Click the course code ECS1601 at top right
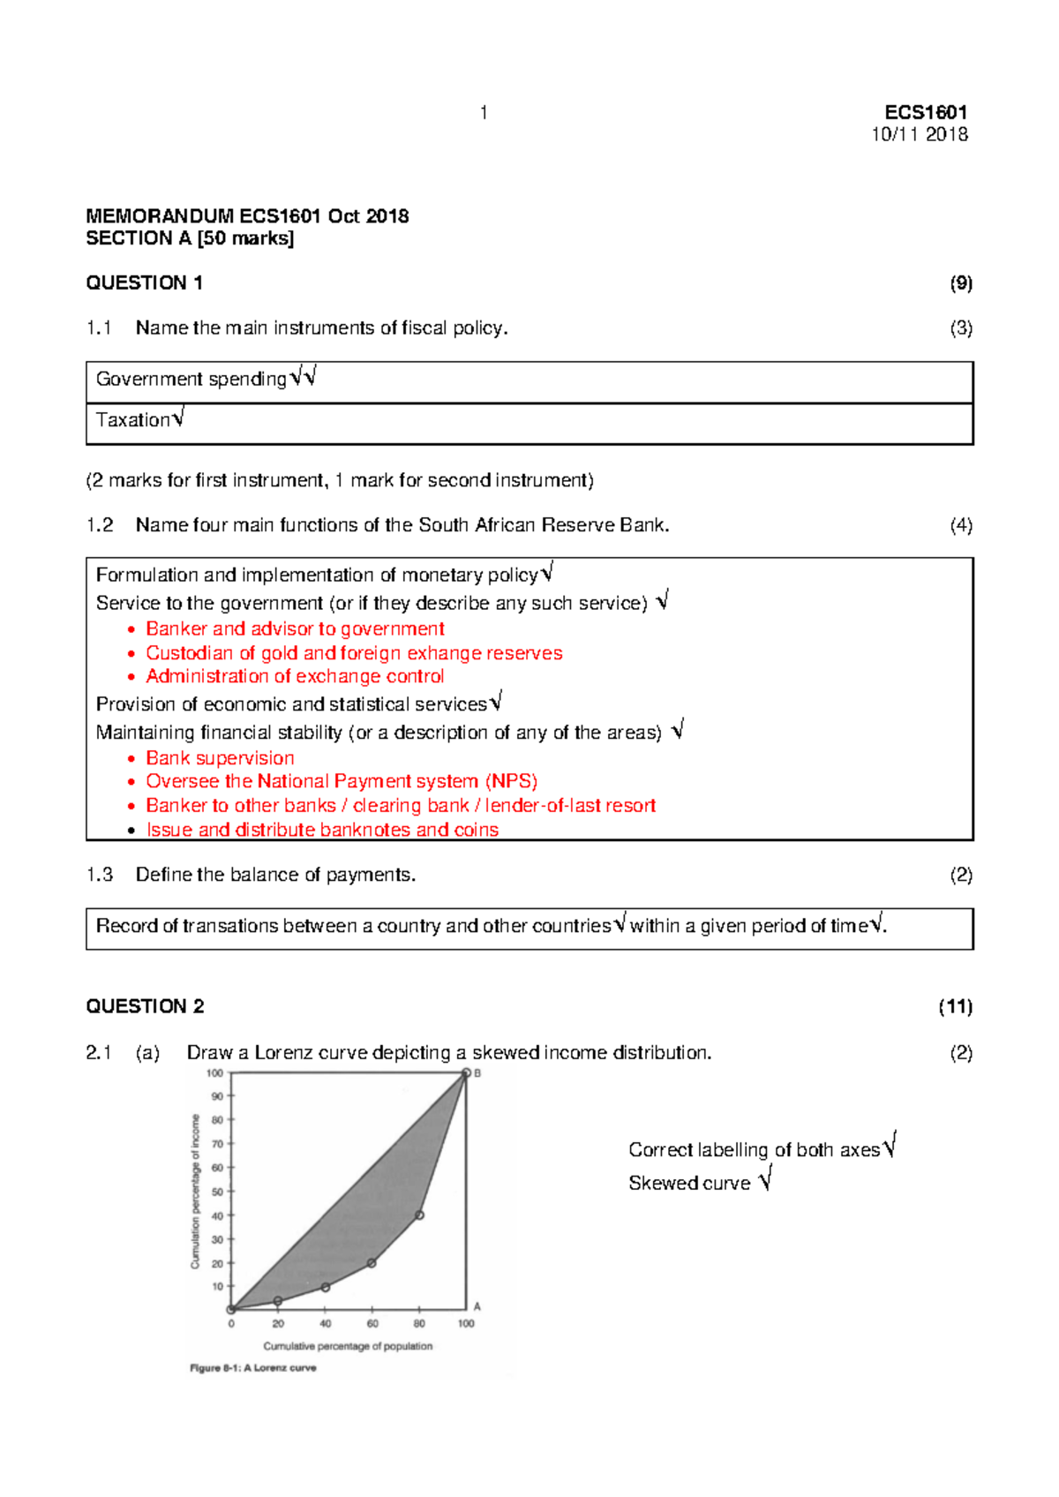(926, 112)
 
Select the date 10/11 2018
(920, 134)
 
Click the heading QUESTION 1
(144, 282)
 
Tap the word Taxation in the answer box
(133, 420)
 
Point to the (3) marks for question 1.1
(961, 327)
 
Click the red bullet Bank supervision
(220, 758)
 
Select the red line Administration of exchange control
(295, 676)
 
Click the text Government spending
(191, 379)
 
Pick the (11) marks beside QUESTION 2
(955, 1006)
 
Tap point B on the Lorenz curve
(466, 1073)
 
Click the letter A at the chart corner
(477, 1306)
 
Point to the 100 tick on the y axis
(214, 1073)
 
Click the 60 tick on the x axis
(372, 1323)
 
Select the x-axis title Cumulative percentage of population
(348, 1346)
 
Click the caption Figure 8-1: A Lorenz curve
(253, 1368)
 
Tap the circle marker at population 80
(419, 1215)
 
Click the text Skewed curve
(689, 1184)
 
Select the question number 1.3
(100, 875)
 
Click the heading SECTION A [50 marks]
(190, 238)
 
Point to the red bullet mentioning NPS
(342, 781)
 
